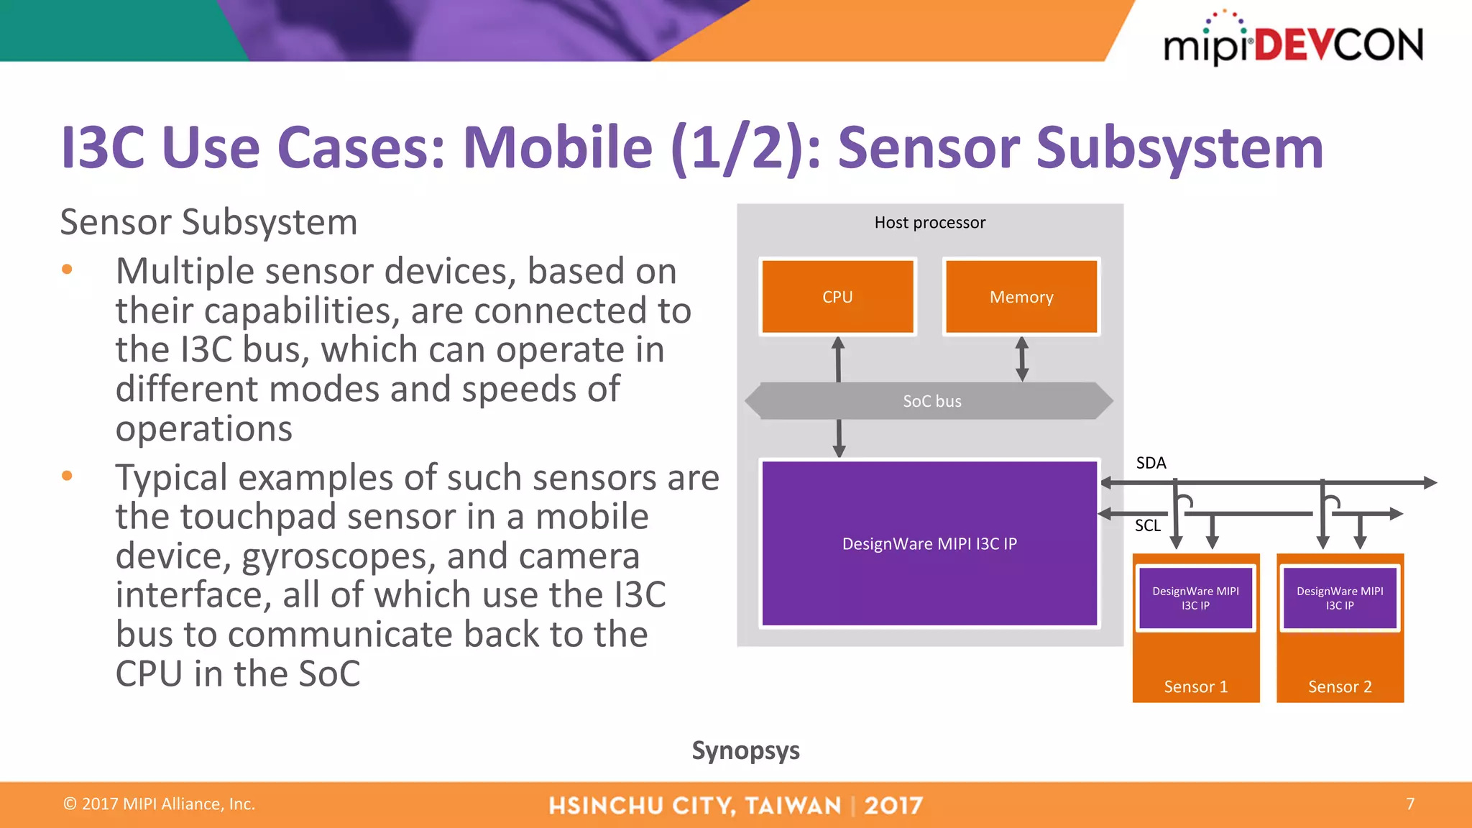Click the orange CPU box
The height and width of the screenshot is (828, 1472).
(837, 297)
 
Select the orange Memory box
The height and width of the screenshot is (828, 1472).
(1021, 297)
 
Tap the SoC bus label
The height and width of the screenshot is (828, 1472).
(931, 401)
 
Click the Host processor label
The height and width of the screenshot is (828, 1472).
(929, 223)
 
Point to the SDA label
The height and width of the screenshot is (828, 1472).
(1151, 463)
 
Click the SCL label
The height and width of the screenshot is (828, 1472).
(1147, 525)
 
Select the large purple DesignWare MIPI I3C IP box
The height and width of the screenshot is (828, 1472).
(929, 543)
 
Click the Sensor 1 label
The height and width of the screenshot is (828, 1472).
(1195, 686)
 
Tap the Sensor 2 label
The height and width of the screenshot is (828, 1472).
(1340, 686)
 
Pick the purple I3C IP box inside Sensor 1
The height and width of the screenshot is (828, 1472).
(1195, 598)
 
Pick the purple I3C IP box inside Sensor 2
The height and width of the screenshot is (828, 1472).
(1340, 598)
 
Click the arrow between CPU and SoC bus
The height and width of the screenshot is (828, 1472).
(838, 359)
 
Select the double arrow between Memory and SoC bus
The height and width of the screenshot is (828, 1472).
(1022, 359)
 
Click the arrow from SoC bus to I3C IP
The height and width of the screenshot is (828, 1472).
(839, 438)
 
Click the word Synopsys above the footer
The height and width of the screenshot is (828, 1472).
(745, 750)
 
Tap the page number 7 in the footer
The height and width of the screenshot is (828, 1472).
(1410, 804)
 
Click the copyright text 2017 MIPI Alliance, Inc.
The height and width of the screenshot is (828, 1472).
(160, 804)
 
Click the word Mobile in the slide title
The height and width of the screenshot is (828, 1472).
(557, 148)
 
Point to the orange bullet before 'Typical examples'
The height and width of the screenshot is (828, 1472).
(67, 476)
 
